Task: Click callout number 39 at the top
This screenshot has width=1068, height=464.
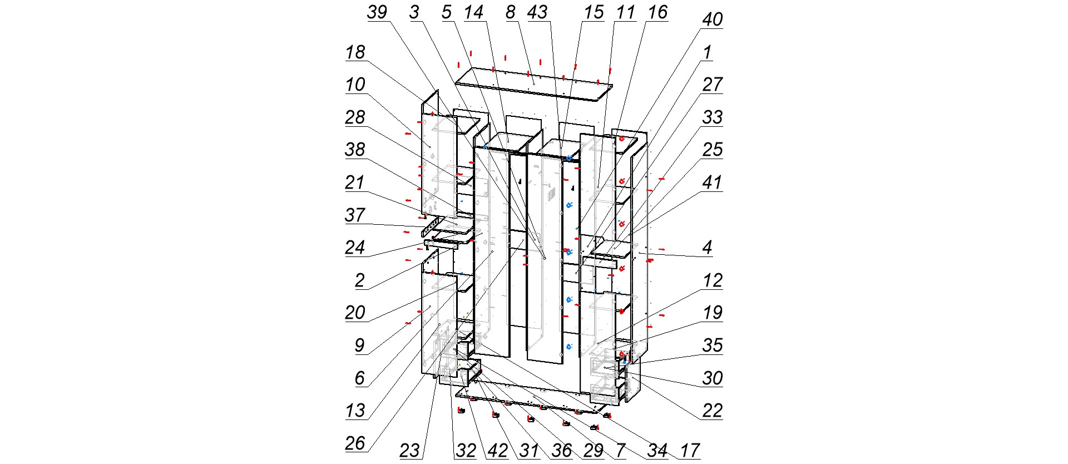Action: coord(377,13)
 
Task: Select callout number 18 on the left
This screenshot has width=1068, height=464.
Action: coord(355,53)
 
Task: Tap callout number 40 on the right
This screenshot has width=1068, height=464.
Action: coord(712,20)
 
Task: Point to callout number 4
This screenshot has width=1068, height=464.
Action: coord(707,248)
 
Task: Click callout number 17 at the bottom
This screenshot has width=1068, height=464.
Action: coord(690,450)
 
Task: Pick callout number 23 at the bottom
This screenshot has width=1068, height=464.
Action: coord(409,450)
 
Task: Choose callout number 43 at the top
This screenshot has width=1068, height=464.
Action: coord(537,13)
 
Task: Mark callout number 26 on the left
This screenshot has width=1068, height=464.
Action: coord(355,443)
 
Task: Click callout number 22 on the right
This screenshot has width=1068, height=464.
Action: coord(712,411)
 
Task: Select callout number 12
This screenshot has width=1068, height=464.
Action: coord(712,280)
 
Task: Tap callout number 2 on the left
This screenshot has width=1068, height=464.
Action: coord(360,280)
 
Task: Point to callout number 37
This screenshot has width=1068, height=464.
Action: coord(355,215)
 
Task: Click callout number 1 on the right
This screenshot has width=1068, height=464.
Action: coord(707,53)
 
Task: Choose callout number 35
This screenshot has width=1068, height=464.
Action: coord(712,345)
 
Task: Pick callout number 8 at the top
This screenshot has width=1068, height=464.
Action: coord(511,13)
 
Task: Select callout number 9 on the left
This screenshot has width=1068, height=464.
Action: coord(360,345)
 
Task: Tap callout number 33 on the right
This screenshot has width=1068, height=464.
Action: coord(712,117)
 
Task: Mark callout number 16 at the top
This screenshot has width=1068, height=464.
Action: coord(657,13)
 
